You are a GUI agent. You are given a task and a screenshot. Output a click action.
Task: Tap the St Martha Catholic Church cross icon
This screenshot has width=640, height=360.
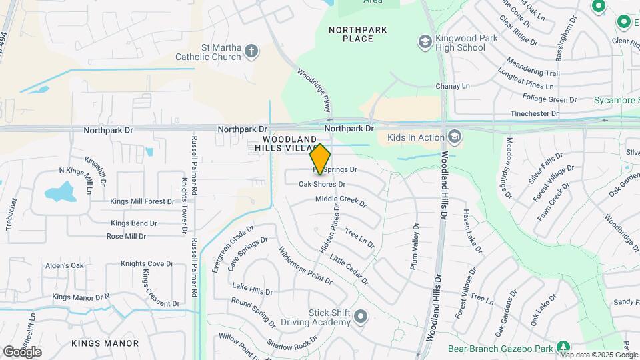pos(251,51)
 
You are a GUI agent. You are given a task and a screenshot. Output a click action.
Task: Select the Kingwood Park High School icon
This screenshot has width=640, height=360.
pos(424,43)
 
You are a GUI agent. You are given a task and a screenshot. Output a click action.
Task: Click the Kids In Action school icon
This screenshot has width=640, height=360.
pos(455,137)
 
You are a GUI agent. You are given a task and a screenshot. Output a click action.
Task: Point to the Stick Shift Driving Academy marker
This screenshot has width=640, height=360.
pos(361,317)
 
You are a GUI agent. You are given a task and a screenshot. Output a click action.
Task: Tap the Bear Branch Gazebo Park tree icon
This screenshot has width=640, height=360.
pos(563,347)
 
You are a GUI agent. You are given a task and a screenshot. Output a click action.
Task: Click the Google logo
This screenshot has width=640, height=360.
pos(22,351)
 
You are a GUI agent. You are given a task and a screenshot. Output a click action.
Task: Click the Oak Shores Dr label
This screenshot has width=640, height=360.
pos(321,184)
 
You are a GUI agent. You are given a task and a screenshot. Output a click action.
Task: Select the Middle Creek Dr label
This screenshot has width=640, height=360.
pos(341,200)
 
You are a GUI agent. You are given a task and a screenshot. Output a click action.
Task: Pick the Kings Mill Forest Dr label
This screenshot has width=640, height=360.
pos(142,201)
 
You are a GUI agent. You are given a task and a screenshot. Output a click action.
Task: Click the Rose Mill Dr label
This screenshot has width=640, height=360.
pos(126,236)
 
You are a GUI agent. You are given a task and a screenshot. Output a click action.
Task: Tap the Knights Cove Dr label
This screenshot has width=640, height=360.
pos(147,264)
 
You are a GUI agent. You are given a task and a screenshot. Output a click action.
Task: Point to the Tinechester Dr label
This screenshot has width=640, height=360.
pos(534,114)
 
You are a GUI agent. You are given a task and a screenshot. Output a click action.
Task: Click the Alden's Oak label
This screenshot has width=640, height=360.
pos(65,265)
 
